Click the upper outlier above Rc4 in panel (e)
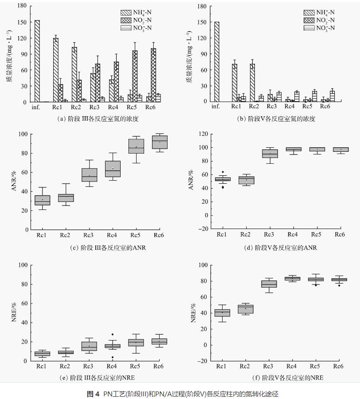[x=113, y=334]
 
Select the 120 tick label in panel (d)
[x=203, y=134]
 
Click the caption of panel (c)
[x=108, y=247]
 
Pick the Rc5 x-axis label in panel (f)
[x=316, y=366]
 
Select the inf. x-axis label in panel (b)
[x=216, y=107]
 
